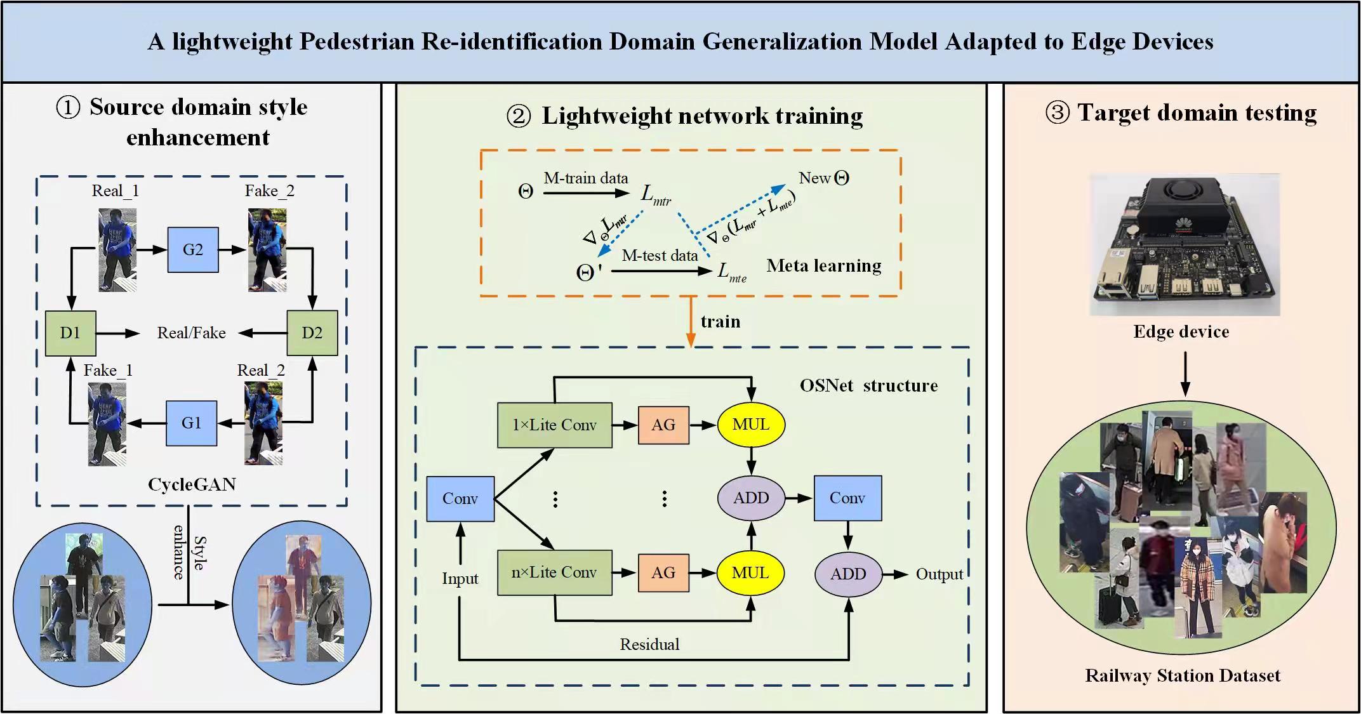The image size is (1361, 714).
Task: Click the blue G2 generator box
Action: pyautogui.click(x=193, y=250)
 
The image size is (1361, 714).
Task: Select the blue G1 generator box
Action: pyautogui.click(x=191, y=423)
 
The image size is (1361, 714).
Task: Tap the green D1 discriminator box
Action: pyautogui.click(x=70, y=333)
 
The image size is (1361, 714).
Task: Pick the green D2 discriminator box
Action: pyautogui.click(x=312, y=333)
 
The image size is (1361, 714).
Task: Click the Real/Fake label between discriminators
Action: pyautogui.click(x=191, y=333)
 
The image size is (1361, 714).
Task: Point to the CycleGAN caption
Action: pyautogui.click(x=192, y=485)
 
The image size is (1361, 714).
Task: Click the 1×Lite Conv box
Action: pyautogui.click(x=554, y=425)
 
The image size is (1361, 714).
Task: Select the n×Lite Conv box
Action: pyautogui.click(x=554, y=572)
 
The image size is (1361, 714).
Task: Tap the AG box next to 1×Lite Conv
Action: pyautogui.click(x=663, y=425)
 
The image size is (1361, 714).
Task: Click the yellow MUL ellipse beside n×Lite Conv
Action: pyautogui.click(x=750, y=573)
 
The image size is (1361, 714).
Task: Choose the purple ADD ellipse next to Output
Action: pyautogui.click(x=848, y=574)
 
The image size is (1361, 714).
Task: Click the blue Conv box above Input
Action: pyautogui.click(x=460, y=499)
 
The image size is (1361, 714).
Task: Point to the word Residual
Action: pyautogui.click(x=649, y=645)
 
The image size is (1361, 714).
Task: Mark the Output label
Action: pyautogui.click(x=939, y=574)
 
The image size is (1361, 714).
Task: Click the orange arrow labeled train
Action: pyautogui.click(x=691, y=322)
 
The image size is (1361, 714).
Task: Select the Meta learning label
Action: pyautogui.click(x=823, y=266)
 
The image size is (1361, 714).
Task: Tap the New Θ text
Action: pyautogui.click(x=823, y=178)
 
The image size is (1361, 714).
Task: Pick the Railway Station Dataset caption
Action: pyautogui.click(x=1182, y=676)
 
